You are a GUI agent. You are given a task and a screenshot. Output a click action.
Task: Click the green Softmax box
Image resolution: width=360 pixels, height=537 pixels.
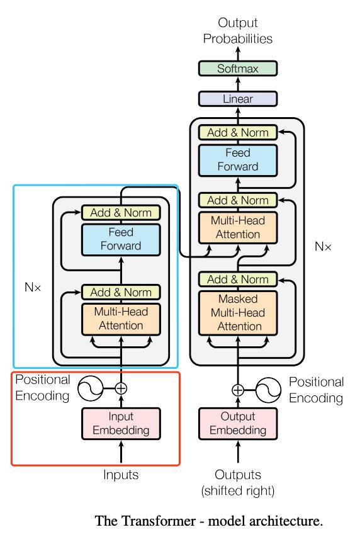tap(238, 69)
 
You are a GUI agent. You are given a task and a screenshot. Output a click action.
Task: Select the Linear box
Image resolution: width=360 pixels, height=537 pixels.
tap(238, 99)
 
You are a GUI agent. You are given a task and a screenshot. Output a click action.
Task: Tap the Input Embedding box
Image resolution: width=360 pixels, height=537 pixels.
tap(121, 423)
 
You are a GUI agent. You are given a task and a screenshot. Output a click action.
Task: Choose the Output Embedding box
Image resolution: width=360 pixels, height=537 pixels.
tap(238, 423)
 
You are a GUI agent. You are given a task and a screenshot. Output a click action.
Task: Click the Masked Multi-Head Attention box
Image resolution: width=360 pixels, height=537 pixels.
tap(238, 313)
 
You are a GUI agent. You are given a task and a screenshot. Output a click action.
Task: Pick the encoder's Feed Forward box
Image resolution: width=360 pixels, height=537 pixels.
tap(121, 239)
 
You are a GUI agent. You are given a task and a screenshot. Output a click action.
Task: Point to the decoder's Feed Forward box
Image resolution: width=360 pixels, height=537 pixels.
tap(238, 161)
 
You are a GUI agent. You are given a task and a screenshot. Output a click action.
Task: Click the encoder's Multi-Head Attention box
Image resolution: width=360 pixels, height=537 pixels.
tap(121, 319)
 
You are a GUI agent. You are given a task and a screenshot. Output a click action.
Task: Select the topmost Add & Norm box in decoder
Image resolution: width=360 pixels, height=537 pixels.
tap(238, 133)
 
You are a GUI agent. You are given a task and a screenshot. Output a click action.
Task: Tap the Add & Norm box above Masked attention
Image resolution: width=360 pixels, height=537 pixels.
tap(238, 280)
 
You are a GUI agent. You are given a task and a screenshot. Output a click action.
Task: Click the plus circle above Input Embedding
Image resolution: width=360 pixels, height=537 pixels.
tap(121, 388)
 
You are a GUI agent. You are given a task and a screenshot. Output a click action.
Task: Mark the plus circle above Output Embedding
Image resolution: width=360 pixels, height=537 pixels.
tap(238, 390)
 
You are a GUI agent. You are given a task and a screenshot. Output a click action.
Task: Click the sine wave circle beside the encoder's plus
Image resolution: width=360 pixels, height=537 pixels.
tap(91, 388)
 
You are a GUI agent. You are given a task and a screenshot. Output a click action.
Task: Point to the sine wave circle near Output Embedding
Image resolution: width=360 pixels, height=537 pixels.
tap(268, 390)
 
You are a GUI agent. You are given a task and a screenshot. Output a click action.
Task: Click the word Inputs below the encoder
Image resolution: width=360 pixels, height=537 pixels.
tap(121, 475)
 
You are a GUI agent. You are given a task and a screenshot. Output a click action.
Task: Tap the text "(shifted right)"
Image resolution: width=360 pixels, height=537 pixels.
tap(238, 490)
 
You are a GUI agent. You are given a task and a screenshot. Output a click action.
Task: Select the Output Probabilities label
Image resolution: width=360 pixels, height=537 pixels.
tap(238, 31)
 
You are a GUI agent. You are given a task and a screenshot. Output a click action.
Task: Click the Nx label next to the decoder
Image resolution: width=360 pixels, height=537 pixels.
tap(323, 246)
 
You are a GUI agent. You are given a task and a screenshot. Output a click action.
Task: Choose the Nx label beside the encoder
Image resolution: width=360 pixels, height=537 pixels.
tap(33, 287)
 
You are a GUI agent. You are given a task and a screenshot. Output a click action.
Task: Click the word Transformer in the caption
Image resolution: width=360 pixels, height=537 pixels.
tap(159, 521)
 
